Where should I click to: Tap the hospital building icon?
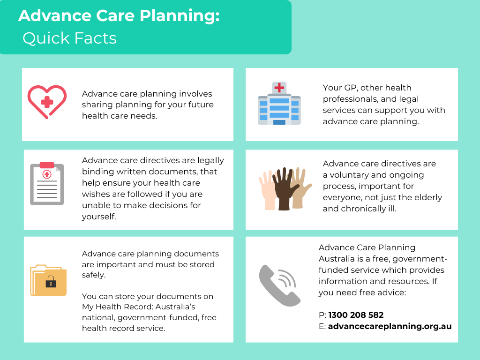279,104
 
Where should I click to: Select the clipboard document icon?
47,184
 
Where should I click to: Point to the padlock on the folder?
50,283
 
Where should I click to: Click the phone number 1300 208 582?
356,315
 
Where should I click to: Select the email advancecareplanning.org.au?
390,326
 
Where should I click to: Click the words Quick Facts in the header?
69,38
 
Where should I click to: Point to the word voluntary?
353,175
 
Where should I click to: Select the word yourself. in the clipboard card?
99,217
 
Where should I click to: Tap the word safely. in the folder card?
94,276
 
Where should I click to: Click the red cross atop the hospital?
279,87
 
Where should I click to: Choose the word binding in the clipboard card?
96,172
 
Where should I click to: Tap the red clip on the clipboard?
47,165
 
